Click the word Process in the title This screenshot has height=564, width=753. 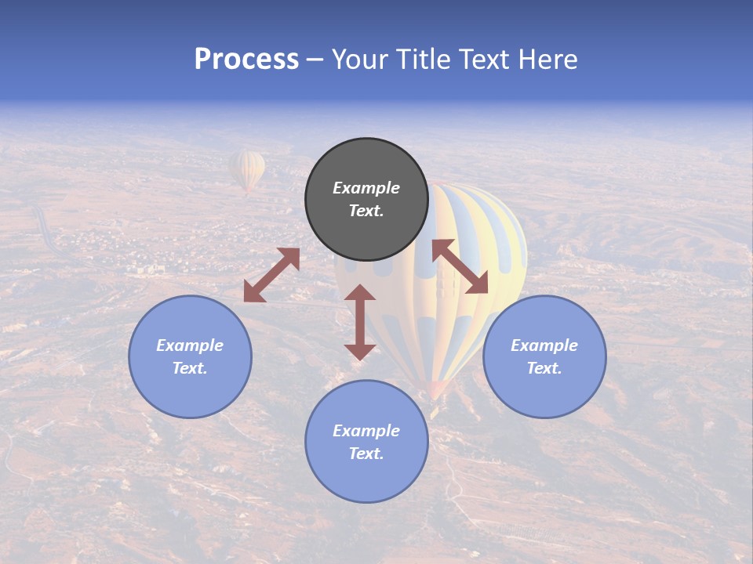point(246,60)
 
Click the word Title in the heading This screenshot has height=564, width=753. point(422,60)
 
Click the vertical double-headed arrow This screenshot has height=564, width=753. point(360,322)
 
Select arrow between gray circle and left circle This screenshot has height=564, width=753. point(271,275)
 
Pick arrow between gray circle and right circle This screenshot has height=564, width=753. point(460,266)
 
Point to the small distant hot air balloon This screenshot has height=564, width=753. point(247,170)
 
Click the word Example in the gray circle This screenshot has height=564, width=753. point(366,188)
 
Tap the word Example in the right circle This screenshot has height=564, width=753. point(544,345)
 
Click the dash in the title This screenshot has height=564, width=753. point(315,60)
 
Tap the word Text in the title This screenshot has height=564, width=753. point(482,60)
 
